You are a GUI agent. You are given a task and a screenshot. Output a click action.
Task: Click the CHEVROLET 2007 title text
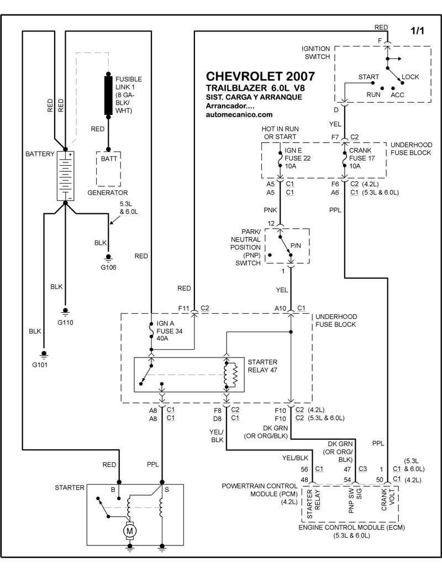tap(261, 76)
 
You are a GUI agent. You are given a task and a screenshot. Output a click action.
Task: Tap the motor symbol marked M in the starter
tap(130, 531)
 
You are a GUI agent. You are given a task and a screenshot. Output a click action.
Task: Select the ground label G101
tap(43, 364)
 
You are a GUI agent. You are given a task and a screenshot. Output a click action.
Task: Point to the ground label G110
tap(65, 322)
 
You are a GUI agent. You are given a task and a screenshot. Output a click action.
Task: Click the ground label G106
tap(108, 268)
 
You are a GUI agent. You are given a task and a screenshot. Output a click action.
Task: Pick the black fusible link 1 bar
tap(108, 95)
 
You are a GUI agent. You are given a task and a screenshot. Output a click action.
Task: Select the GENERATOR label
tap(108, 193)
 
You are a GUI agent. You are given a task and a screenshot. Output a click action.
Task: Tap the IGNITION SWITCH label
tap(315, 53)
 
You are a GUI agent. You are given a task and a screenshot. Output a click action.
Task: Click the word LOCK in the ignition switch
tap(411, 77)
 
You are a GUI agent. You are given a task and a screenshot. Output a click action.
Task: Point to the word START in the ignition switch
tap(369, 76)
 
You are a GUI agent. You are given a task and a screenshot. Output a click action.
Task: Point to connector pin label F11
tap(183, 307)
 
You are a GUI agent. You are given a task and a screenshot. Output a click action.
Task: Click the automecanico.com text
tap(239, 115)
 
